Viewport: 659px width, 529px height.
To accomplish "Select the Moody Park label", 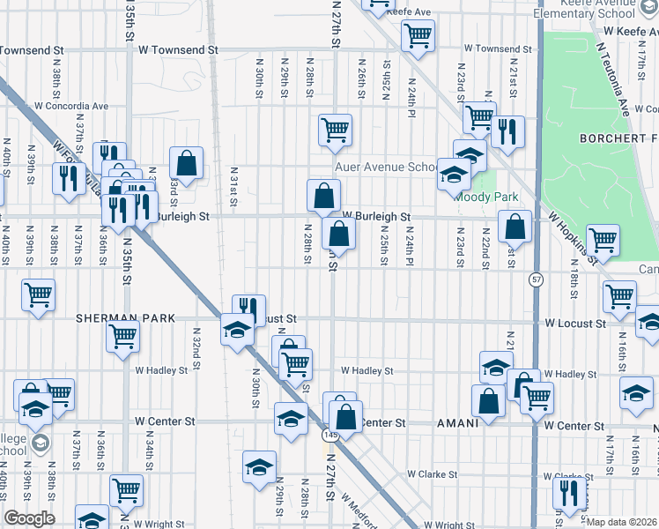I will click(485, 197).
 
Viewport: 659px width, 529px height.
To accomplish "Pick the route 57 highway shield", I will click(535, 279).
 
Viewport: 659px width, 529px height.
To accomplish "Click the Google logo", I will click(29, 518).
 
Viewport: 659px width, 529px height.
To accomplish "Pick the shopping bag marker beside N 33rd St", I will click(187, 161).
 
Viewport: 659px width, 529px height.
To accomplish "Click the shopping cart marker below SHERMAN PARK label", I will click(122, 336).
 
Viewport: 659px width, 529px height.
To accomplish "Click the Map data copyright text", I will click(622, 522).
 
